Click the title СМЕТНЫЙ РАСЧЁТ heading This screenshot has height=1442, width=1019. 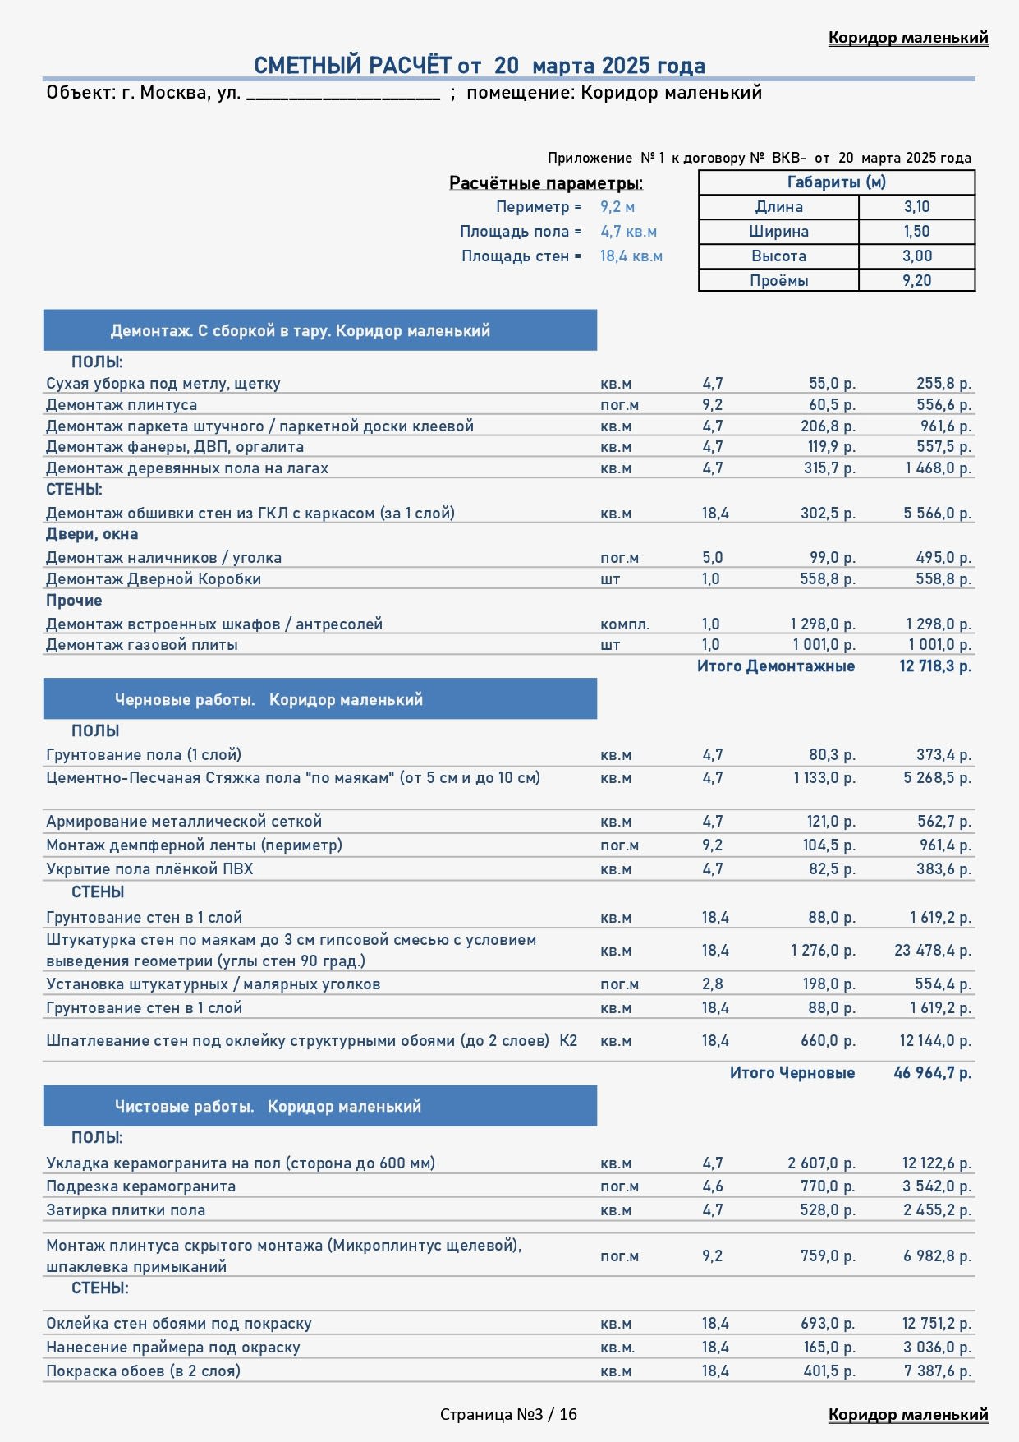[479, 66]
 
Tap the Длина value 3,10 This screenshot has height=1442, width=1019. [916, 207]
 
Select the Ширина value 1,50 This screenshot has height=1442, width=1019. [916, 232]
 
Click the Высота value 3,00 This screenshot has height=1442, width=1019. [916, 256]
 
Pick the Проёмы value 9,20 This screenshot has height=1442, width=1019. [916, 281]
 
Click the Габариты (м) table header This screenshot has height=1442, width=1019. [836, 182]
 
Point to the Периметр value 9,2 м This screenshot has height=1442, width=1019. [617, 207]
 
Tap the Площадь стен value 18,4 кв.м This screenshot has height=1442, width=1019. [631, 256]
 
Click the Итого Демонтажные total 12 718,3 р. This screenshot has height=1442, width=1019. [934, 666]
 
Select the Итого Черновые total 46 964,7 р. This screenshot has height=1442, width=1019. [932, 1073]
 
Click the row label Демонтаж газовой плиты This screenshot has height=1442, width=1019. [142, 645]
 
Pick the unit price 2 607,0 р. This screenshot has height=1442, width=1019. [821, 1163]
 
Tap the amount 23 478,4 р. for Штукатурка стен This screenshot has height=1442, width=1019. [932, 951]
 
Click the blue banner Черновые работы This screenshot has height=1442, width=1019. [319, 699]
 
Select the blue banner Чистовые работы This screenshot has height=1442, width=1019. [319, 1107]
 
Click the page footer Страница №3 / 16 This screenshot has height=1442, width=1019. [508, 1414]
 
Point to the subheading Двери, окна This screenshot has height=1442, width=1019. [92, 534]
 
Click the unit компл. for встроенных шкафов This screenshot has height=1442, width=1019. [624, 624]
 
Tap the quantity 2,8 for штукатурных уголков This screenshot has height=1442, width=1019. [712, 984]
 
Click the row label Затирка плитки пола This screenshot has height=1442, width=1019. [126, 1210]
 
